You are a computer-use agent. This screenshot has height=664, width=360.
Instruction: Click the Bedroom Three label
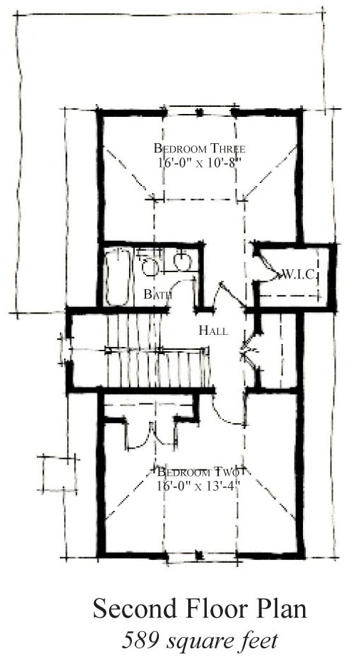(x=199, y=149)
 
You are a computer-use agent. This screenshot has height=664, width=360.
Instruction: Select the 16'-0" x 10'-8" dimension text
(x=199, y=163)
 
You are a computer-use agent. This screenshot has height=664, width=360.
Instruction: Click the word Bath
(x=157, y=294)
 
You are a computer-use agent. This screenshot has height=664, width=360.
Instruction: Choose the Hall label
(x=213, y=331)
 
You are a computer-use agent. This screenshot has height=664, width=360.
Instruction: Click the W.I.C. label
(x=298, y=275)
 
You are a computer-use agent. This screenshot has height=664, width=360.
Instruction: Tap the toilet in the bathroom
(x=150, y=266)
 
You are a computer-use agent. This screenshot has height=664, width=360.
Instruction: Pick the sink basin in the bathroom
(x=182, y=262)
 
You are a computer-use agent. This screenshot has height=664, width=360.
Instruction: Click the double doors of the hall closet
(x=250, y=350)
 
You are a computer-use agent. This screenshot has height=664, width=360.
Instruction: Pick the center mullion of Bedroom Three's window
(x=199, y=113)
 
